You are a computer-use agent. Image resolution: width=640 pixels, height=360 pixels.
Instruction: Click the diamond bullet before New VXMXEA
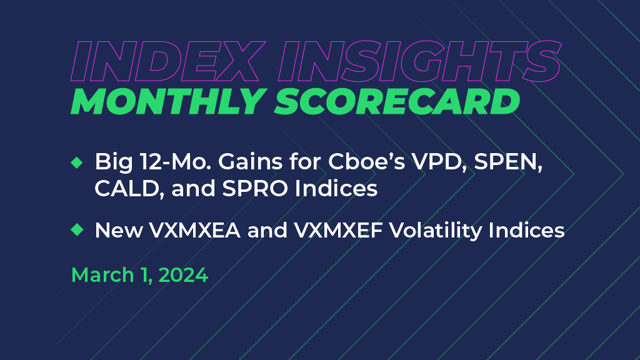click(x=77, y=230)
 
